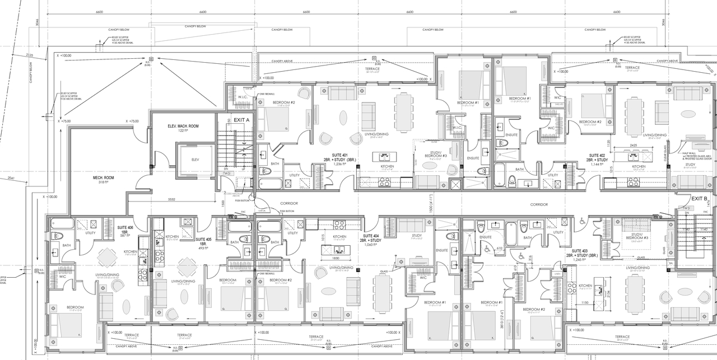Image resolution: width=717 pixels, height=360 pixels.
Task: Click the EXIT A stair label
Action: (241, 120)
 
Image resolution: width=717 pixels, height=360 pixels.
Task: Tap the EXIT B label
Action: (699, 199)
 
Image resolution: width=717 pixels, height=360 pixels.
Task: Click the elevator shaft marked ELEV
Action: (195, 160)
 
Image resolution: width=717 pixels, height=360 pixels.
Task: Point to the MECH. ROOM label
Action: (104, 179)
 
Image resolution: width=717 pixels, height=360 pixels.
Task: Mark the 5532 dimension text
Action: (171, 199)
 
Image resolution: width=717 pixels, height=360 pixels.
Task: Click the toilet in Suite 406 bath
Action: (55, 236)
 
